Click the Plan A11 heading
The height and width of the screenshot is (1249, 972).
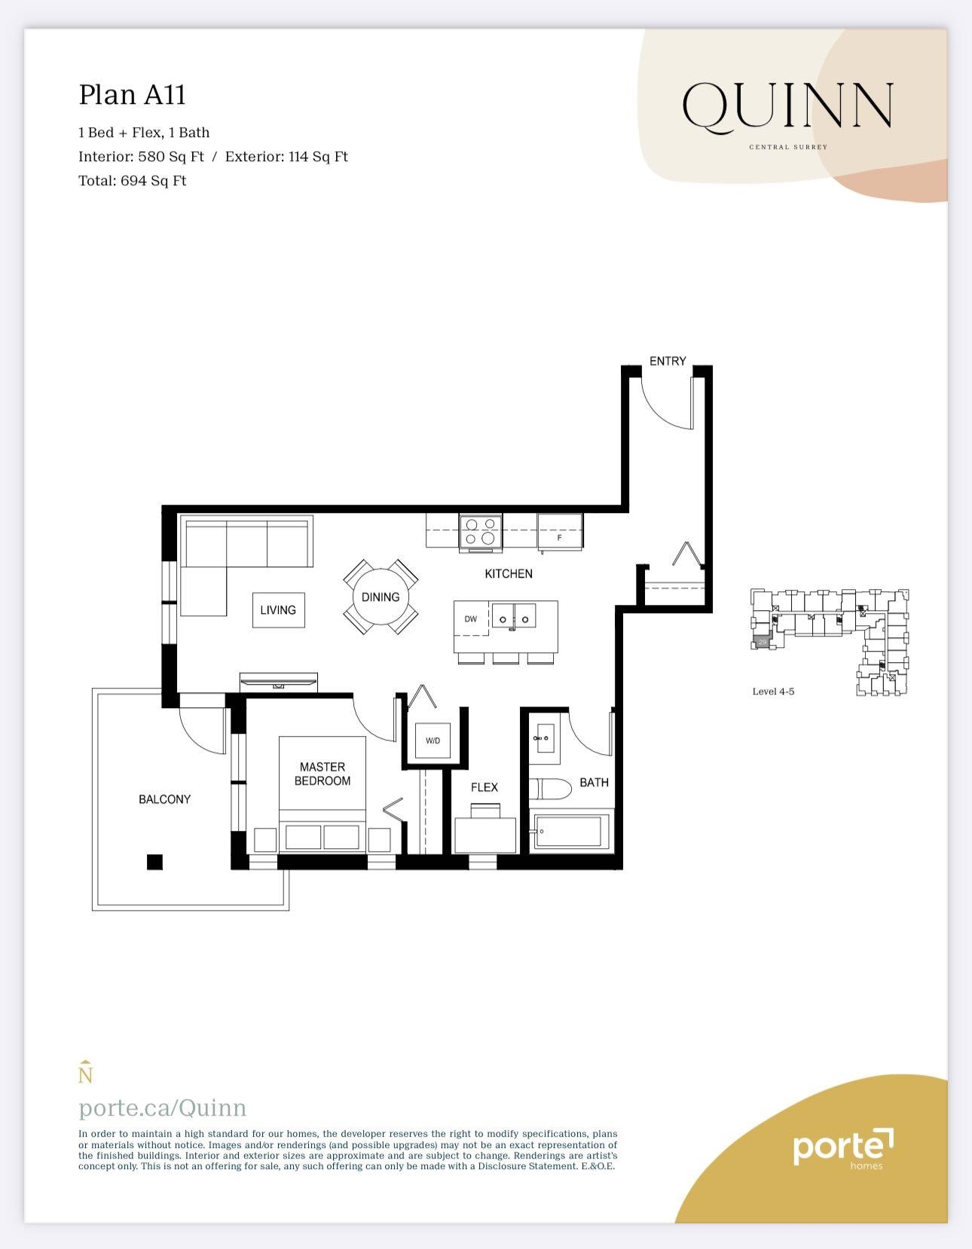(132, 95)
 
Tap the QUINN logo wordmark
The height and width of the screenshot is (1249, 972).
(788, 105)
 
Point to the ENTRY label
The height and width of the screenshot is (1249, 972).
(668, 361)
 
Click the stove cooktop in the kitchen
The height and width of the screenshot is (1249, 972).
(481, 531)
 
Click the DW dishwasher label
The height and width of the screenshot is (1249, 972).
(471, 619)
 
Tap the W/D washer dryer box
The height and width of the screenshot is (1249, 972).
(433, 741)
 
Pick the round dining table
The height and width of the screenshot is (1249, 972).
(381, 597)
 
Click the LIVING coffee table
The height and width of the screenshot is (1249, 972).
(278, 610)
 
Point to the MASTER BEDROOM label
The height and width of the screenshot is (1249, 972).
(322, 774)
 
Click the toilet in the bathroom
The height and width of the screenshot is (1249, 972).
(549, 789)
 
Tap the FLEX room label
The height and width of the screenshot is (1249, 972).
(484, 787)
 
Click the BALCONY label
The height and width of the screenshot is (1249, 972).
(164, 799)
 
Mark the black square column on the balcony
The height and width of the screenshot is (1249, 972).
(154, 863)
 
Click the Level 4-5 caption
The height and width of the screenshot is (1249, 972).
(773, 692)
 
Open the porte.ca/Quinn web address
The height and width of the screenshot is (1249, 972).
(162, 1107)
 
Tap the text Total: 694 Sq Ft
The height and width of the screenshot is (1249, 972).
(132, 181)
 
